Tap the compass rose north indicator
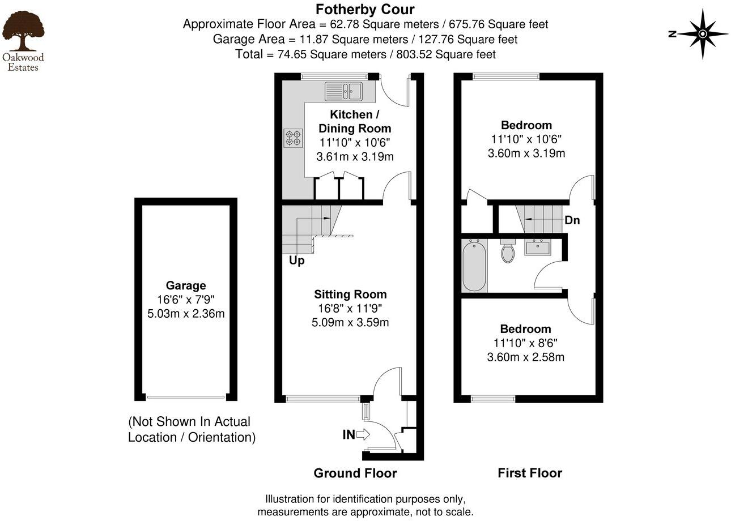(702, 34)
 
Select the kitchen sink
(343, 91)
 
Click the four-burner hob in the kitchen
(293, 138)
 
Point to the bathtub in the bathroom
(474, 265)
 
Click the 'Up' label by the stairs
(296, 260)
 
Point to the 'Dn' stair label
(572, 220)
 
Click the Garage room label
(186, 286)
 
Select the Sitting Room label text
(350, 294)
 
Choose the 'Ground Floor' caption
(355, 473)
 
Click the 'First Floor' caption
(530, 473)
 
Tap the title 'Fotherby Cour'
(365, 9)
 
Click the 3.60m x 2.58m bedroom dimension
(525, 357)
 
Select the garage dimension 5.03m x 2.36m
(186, 313)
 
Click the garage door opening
(186, 398)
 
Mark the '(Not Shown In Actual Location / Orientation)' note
(192, 429)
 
